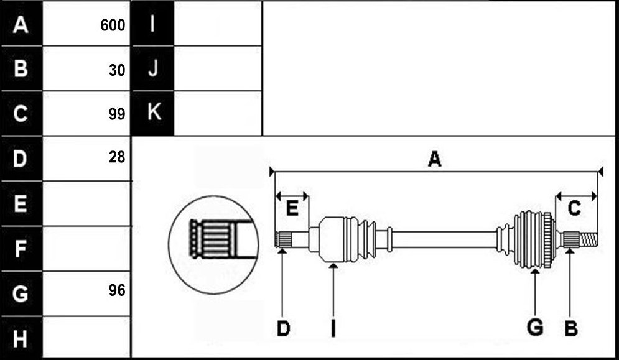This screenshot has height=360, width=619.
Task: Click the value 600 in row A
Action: click(113, 25)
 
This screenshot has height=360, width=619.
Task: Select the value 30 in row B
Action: click(117, 70)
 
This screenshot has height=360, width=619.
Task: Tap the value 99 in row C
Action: click(117, 114)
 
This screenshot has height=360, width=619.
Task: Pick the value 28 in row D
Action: click(117, 157)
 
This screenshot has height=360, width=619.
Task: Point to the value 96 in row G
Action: click(117, 290)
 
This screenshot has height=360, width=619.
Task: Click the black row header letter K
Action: click(154, 112)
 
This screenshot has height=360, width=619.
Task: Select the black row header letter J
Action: click(153, 68)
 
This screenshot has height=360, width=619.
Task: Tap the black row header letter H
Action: click(20, 338)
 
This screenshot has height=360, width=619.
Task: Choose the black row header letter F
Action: click(21, 248)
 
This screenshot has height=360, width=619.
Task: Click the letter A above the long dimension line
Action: click(434, 159)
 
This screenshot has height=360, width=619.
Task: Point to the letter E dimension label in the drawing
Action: click(292, 208)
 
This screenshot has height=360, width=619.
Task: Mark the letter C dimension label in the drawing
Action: click(574, 208)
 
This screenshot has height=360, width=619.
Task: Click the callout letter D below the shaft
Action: click(283, 328)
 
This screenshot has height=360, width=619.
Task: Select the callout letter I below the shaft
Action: click(333, 328)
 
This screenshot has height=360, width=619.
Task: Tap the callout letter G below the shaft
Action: click(535, 328)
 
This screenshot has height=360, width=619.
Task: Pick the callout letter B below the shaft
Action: click(571, 328)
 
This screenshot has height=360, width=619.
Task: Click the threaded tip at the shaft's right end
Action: click(589, 239)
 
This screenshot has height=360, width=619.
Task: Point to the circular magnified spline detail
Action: click(213, 245)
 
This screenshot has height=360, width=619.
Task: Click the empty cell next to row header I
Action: click(218, 23)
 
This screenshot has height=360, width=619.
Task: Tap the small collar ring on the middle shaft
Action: click(389, 239)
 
